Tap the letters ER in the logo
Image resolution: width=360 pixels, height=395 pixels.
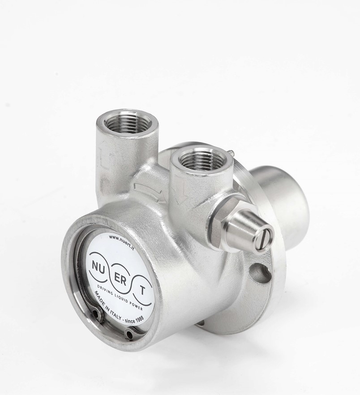[121, 279]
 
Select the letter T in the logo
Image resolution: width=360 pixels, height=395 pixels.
[142, 291]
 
